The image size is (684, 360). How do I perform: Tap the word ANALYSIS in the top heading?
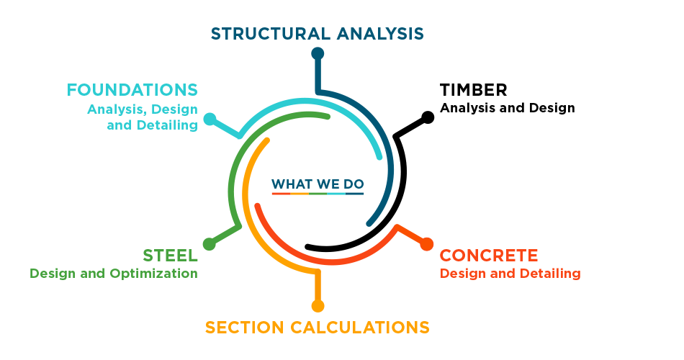[x=380, y=34]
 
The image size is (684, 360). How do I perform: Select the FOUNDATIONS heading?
[x=132, y=90]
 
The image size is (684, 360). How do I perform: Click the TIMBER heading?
[x=473, y=90]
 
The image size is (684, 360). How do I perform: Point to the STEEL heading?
[x=170, y=256]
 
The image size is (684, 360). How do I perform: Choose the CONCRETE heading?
[x=489, y=256]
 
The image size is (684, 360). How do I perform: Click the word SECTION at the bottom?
[x=244, y=328]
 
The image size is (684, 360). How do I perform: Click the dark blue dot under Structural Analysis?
[x=318, y=54]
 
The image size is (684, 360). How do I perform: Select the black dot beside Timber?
[x=428, y=117]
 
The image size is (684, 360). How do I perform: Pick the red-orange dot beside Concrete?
[x=427, y=244]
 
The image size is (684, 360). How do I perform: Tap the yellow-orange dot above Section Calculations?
[x=318, y=306]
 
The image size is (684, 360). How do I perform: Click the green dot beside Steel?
[x=210, y=244]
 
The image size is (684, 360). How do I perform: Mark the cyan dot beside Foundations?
[x=210, y=119]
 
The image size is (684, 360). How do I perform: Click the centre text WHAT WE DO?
[x=318, y=184]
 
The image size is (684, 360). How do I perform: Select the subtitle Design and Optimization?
[x=114, y=274]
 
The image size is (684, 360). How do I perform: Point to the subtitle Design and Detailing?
[x=510, y=274]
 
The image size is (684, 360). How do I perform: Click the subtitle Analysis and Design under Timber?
[x=508, y=108]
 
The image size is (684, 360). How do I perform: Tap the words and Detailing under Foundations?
[x=152, y=125]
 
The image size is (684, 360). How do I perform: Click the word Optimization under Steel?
[x=153, y=274]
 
